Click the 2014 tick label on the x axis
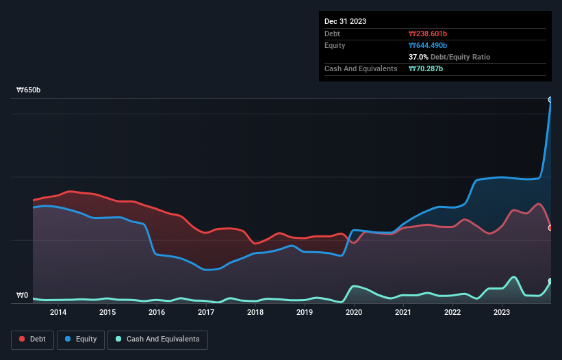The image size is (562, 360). click(58, 313)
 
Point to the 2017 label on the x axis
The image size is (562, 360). click(206, 313)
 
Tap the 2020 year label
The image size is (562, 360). click(354, 313)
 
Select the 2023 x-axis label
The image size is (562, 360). click(502, 313)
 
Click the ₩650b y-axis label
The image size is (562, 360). click(29, 90)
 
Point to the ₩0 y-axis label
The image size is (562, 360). click(23, 296)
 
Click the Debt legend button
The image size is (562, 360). click(32, 339)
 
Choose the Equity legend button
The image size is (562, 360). click(81, 339)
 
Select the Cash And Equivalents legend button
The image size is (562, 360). click(157, 339)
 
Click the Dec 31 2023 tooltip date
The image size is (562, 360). click(346, 21)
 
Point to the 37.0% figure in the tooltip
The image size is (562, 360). click(418, 57)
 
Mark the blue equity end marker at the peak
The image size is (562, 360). click(550, 100)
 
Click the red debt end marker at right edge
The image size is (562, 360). click(550, 228)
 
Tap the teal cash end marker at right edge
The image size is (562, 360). click(550, 281)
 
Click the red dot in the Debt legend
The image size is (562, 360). click(22, 339)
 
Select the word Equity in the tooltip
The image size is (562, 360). click(335, 45)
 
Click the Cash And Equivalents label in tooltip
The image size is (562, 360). click(361, 68)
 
